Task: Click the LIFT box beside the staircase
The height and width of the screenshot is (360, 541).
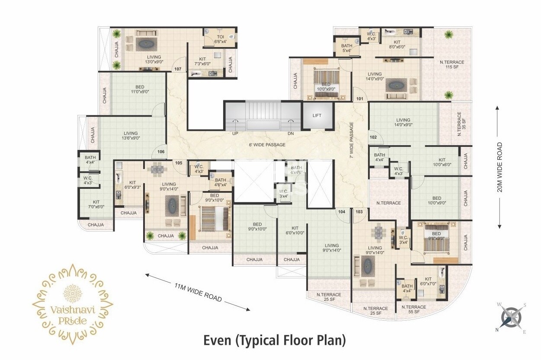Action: (318, 115)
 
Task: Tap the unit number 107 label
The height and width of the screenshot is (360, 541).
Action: (178, 69)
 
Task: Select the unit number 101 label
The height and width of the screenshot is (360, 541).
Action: (360, 99)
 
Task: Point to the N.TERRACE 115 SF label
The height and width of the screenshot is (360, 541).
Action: (452, 65)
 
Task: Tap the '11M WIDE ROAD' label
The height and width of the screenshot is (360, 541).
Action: (198, 293)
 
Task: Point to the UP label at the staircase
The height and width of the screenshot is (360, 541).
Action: (236, 134)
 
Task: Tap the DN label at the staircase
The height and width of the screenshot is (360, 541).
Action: (291, 134)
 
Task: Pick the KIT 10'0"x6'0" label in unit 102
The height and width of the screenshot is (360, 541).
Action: (442, 162)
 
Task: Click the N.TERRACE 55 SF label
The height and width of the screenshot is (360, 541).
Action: (414, 309)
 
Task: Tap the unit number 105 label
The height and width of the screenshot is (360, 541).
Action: (178, 162)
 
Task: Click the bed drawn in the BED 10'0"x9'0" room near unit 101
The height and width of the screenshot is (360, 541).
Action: (326, 85)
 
